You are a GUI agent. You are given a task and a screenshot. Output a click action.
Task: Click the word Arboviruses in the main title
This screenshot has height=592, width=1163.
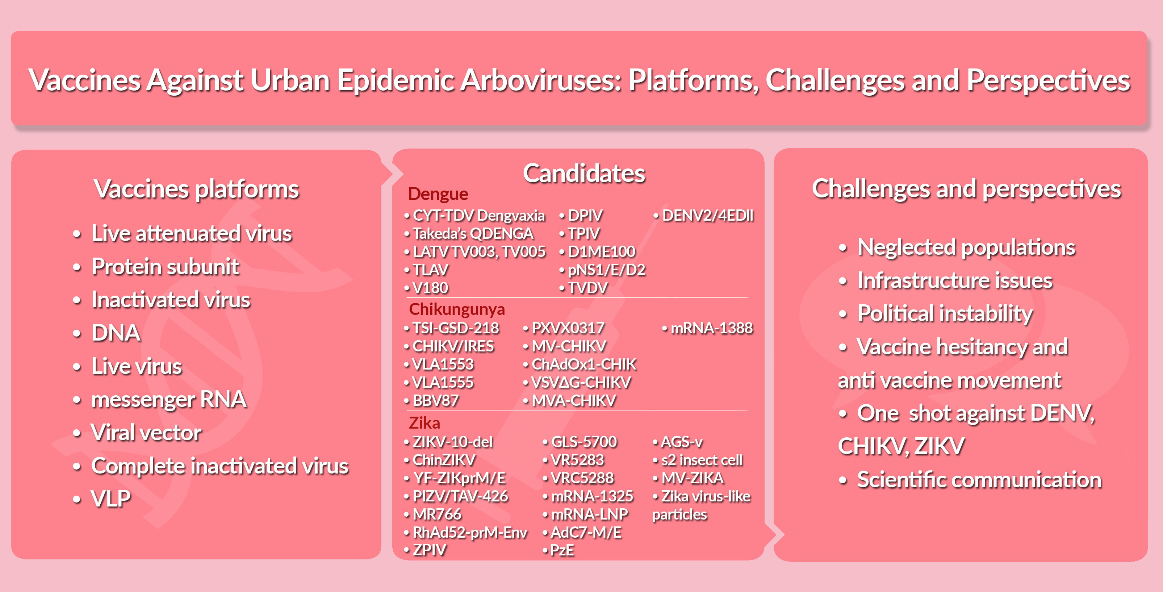point(541,80)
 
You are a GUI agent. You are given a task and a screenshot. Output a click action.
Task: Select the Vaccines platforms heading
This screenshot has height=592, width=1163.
point(196,189)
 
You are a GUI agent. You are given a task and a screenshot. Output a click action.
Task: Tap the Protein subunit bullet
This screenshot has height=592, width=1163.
point(165,266)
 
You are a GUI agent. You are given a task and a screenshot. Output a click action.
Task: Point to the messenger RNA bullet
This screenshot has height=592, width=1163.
point(169,400)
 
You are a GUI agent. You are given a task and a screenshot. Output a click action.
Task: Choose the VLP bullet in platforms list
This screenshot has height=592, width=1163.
point(110,499)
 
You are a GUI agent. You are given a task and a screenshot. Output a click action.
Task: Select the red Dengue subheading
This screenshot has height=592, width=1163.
point(438,194)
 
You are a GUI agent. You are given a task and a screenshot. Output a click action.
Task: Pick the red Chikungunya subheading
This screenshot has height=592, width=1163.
point(457,309)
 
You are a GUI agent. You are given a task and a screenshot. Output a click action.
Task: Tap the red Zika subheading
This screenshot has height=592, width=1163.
point(424,423)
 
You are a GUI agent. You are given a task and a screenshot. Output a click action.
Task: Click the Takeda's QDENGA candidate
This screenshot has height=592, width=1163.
point(473,233)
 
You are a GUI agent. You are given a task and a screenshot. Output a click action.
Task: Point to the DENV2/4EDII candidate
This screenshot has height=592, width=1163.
point(707,216)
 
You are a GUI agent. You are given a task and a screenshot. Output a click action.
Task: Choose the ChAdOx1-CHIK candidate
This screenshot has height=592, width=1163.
point(584,364)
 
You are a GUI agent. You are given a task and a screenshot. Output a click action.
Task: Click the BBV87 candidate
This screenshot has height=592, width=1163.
point(436,401)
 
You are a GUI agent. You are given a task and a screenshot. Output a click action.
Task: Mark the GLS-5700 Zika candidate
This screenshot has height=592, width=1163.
point(584,442)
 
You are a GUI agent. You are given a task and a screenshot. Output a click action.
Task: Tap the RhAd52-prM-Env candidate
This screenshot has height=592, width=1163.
point(470,532)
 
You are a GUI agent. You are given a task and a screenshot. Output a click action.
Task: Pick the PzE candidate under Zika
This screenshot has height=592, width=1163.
point(562,550)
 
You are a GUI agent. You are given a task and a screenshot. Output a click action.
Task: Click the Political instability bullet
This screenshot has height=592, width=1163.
point(945,314)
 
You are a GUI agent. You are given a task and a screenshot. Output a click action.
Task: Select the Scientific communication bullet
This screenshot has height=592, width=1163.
point(979,480)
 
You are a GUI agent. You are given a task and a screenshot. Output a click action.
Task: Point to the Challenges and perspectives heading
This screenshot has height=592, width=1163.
point(966,189)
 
